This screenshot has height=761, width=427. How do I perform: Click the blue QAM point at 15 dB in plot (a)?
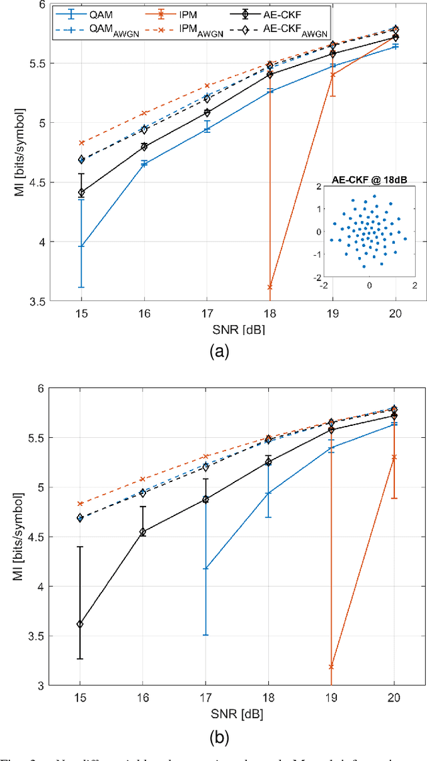[x=81, y=246]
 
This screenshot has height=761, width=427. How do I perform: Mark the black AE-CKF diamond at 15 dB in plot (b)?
[x=81, y=624]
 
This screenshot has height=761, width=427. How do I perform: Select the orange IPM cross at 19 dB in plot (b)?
[x=332, y=667]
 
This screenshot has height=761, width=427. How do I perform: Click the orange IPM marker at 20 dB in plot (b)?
[x=394, y=457]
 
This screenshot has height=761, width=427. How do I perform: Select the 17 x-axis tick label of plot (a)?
[x=206, y=314]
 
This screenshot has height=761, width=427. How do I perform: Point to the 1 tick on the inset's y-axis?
[x=319, y=210]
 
